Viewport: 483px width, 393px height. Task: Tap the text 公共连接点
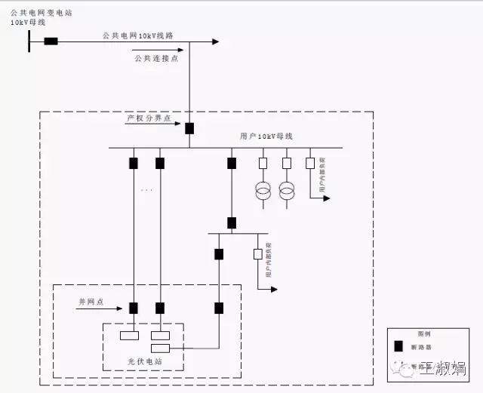coord(156,59)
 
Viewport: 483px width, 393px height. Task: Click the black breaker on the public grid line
coord(51,41)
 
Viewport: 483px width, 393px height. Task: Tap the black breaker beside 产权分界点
coord(189,128)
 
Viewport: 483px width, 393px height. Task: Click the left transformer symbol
coord(263,191)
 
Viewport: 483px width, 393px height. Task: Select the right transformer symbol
coord(287,191)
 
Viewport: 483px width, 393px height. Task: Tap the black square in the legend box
coord(399,347)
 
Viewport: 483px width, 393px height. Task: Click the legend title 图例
coord(423,333)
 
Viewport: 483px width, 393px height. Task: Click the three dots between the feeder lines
coord(146,190)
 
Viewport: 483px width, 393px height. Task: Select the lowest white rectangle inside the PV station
coord(160,348)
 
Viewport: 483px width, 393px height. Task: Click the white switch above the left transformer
coord(263,163)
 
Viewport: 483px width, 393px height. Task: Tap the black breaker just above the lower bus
coord(232,223)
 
